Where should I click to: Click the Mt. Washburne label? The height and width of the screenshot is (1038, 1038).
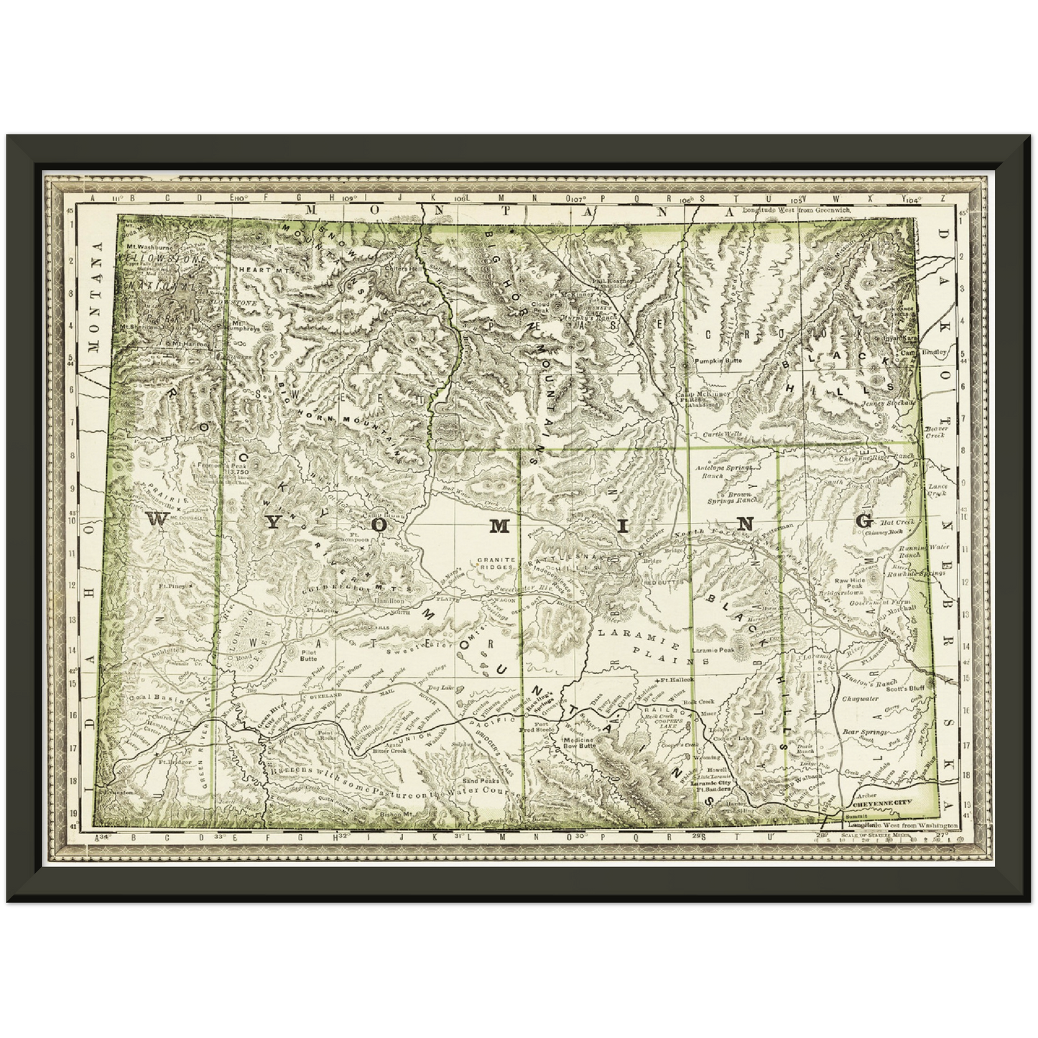point(145,246)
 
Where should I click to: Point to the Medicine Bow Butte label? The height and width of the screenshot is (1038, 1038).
point(580,743)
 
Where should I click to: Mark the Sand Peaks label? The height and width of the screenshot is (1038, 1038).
point(481,780)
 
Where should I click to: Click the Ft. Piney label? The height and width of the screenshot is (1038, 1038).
point(172,586)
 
